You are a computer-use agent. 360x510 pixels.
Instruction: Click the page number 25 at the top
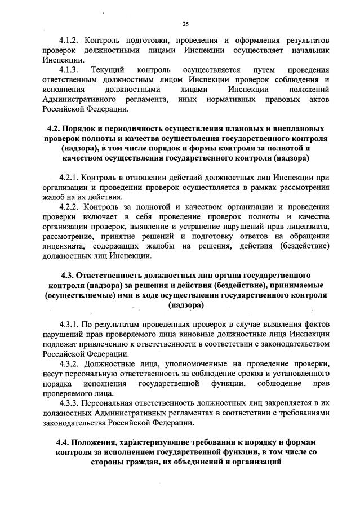[x=185, y=23]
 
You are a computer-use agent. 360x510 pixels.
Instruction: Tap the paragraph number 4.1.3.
[x=71, y=70]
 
